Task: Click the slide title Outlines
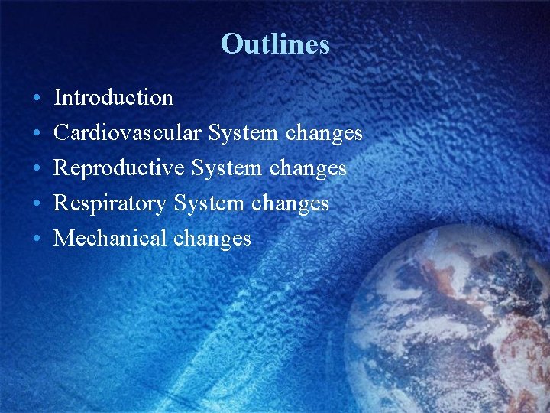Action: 275,44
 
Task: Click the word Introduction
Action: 114,98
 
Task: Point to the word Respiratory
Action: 111,203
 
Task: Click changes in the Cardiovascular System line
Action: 324,134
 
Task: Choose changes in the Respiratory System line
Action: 290,204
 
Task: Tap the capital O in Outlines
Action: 231,44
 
